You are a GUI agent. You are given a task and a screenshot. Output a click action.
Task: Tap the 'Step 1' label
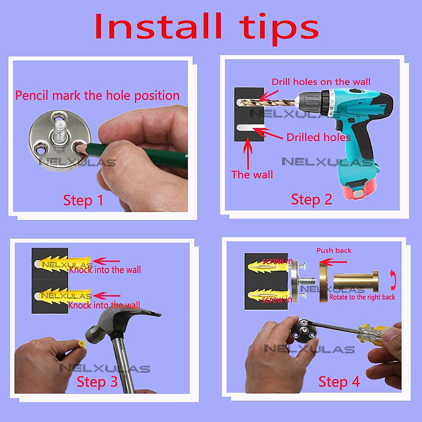tap(83, 200)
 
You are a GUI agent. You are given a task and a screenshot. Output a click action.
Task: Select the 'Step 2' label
tap(312, 200)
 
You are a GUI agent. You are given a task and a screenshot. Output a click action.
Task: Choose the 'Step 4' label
tap(339, 382)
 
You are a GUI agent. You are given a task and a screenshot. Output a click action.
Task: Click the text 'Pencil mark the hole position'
tap(97, 96)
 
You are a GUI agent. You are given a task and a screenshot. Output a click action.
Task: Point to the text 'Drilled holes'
tap(318, 137)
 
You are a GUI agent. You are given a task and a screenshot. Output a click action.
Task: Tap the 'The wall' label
tap(252, 174)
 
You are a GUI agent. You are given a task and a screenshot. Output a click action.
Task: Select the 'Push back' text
tap(334, 250)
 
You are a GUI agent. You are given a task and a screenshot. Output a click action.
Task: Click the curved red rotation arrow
tap(393, 280)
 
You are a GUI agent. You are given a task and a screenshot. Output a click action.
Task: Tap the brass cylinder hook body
tap(356, 281)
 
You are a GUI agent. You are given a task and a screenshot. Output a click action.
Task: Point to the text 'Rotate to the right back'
tap(362, 297)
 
